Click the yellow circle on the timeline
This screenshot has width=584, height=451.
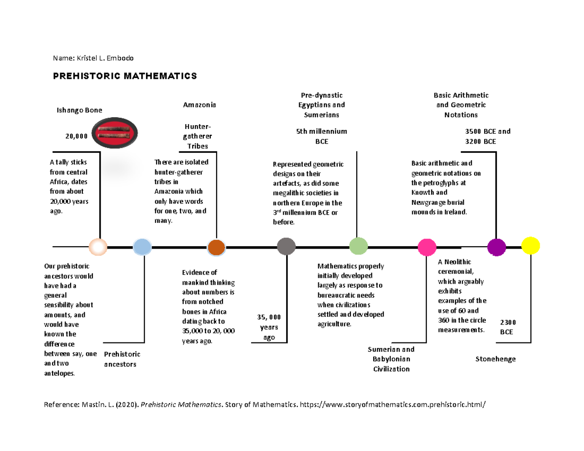(x=530, y=246)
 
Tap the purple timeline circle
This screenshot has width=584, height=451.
(x=496, y=247)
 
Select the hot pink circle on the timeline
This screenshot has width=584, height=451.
(x=427, y=247)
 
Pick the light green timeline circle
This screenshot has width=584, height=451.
(x=358, y=246)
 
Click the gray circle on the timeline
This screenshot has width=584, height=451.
(x=286, y=247)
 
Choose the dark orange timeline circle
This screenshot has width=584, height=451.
(x=216, y=247)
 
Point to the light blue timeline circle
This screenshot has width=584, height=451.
(x=142, y=247)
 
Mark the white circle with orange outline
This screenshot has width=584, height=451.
(x=98, y=247)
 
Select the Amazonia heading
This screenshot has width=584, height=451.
(x=199, y=105)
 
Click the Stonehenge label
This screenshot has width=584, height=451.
(x=495, y=359)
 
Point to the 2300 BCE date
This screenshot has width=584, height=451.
(x=508, y=327)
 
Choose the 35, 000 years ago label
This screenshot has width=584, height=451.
(x=269, y=327)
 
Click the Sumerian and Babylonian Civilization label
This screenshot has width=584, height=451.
(x=391, y=359)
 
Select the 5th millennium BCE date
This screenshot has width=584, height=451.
(x=321, y=136)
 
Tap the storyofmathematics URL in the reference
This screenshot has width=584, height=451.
(x=393, y=404)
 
